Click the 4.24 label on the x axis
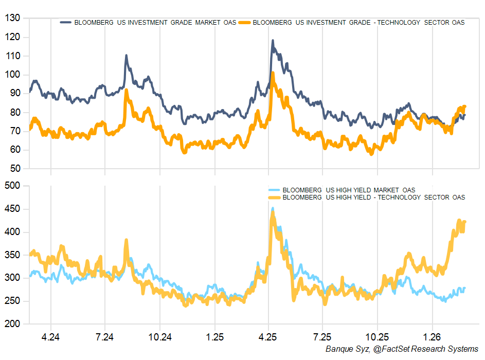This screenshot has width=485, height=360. pos(50,337)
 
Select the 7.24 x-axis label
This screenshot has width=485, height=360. pos(105,337)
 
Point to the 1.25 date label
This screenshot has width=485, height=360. pos(214,337)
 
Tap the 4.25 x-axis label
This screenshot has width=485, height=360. pos(268,337)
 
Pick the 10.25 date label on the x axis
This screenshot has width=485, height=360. pos(377,337)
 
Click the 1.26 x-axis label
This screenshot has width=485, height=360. pos(432,337)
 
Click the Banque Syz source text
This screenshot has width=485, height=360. pos(402,349)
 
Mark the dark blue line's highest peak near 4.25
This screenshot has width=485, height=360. pos(273,41)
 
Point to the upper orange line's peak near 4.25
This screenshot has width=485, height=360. pos(273,73)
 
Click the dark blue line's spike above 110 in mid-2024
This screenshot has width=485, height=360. pos(127,56)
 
